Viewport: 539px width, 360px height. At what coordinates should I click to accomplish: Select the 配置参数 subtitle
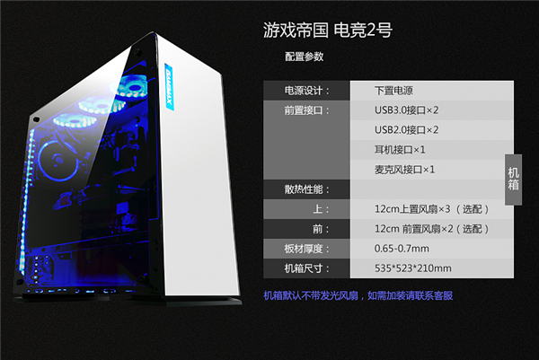pos(304,57)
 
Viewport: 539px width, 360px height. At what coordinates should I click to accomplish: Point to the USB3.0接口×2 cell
pos(406,110)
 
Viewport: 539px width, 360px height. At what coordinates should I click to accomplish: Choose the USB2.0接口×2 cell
pos(406,130)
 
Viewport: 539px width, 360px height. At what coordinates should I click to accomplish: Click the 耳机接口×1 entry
pos(400,150)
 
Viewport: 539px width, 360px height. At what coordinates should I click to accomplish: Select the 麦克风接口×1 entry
pos(405,170)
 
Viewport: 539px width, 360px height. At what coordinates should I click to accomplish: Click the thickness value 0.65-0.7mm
pos(402,249)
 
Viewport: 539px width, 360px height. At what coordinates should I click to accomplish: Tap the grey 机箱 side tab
pos(513,178)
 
